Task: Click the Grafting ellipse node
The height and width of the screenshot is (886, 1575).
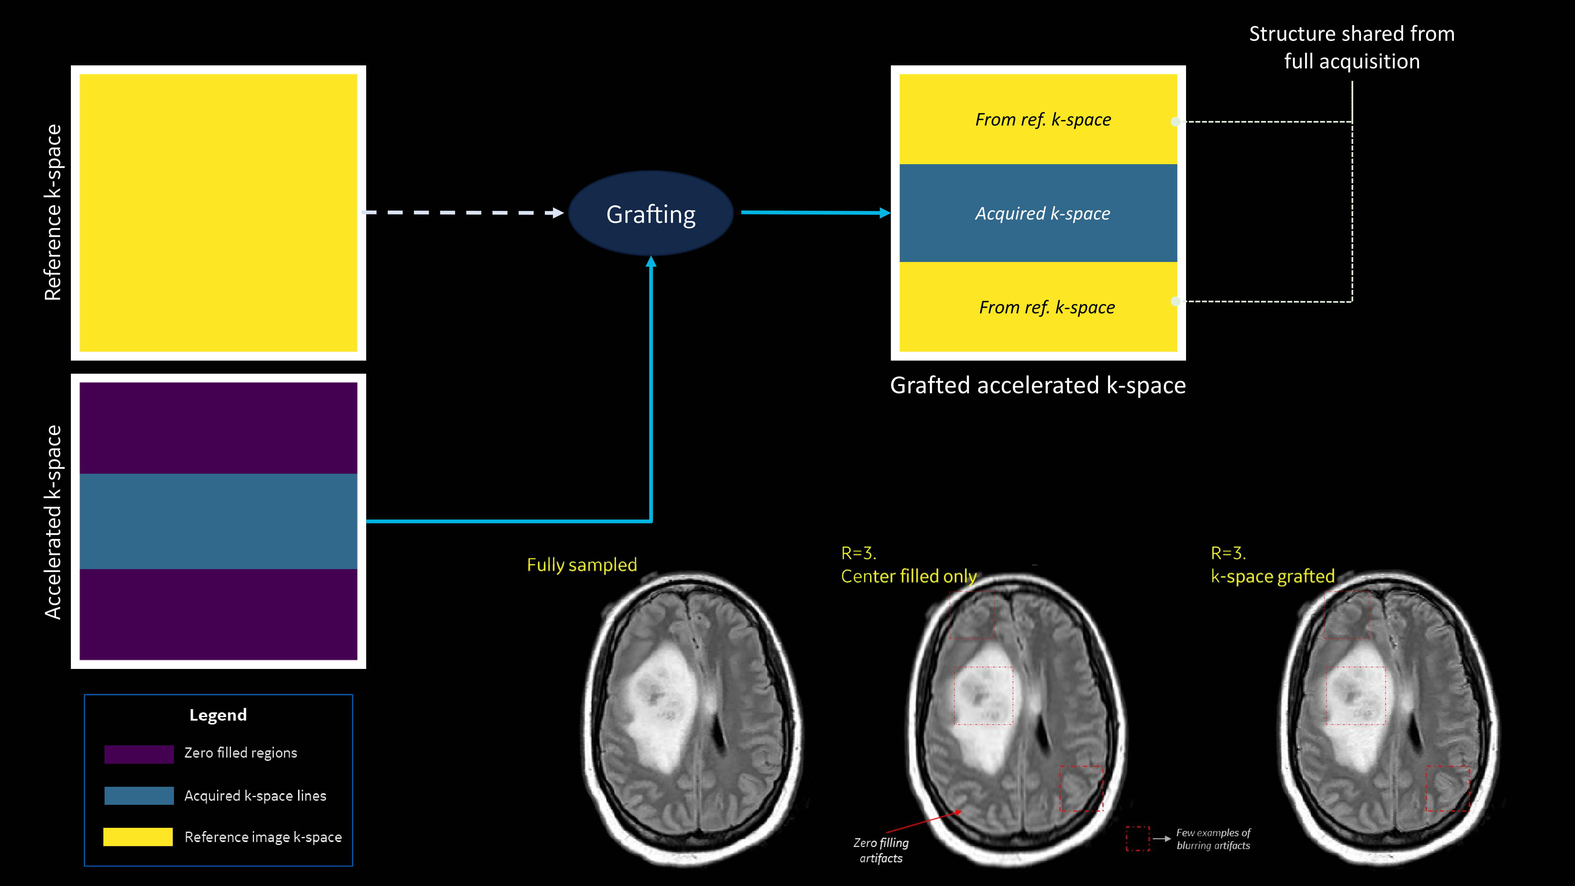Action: click(651, 214)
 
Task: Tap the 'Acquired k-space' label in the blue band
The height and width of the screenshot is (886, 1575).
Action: click(1043, 214)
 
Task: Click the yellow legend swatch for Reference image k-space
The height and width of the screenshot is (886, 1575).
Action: click(138, 836)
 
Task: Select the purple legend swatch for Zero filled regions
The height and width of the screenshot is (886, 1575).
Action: click(139, 753)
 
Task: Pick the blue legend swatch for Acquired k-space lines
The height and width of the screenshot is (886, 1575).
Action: click(139, 795)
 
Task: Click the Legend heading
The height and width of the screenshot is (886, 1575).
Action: click(218, 715)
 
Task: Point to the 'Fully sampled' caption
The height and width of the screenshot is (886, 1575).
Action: click(582, 564)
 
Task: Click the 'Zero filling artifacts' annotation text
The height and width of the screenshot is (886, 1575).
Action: click(881, 850)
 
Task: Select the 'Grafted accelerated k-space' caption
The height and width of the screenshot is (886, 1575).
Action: click(1037, 385)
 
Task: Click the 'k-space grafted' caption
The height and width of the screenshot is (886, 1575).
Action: click(1272, 576)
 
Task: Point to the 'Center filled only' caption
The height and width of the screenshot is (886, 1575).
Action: click(908, 576)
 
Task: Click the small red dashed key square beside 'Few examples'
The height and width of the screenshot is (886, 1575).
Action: click(1137, 838)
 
